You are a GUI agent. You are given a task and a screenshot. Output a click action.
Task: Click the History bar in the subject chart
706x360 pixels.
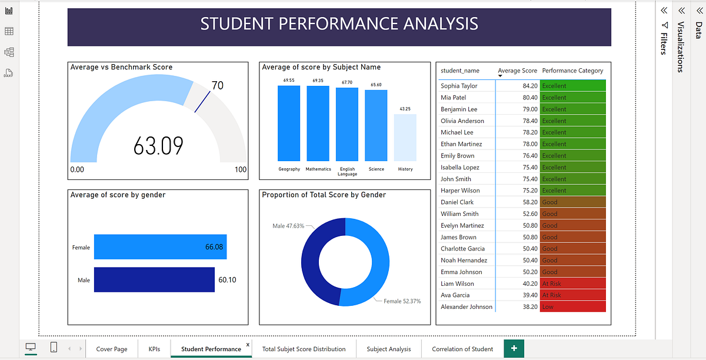(x=405, y=137)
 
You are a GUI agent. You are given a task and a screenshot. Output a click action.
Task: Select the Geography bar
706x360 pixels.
(x=288, y=123)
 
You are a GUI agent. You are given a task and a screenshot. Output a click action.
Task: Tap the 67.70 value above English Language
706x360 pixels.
(x=347, y=82)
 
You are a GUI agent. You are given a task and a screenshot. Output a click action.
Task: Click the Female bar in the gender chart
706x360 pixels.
(x=160, y=247)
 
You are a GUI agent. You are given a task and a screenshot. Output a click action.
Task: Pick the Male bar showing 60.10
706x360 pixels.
(x=154, y=280)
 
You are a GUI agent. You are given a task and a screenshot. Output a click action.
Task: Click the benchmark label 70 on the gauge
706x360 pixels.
(x=217, y=86)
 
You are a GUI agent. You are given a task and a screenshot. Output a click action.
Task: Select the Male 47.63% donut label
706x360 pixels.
(x=288, y=226)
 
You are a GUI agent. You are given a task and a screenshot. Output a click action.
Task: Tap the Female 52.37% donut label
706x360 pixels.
(x=402, y=301)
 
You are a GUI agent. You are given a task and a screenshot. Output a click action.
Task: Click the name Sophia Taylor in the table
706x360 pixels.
(x=459, y=86)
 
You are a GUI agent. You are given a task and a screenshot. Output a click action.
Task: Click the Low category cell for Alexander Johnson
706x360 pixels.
(x=572, y=306)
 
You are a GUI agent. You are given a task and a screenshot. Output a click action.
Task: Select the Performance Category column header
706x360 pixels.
(x=572, y=71)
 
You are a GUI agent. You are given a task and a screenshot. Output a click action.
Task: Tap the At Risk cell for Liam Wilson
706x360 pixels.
(x=572, y=284)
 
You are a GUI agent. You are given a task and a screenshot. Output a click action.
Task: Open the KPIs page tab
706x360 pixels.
(x=154, y=349)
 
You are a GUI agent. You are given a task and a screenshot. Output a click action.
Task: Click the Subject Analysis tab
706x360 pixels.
(x=388, y=349)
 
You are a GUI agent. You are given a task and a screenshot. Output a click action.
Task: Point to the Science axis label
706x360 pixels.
(x=376, y=169)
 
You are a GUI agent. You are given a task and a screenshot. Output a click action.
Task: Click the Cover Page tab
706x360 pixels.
(x=112, y=349)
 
